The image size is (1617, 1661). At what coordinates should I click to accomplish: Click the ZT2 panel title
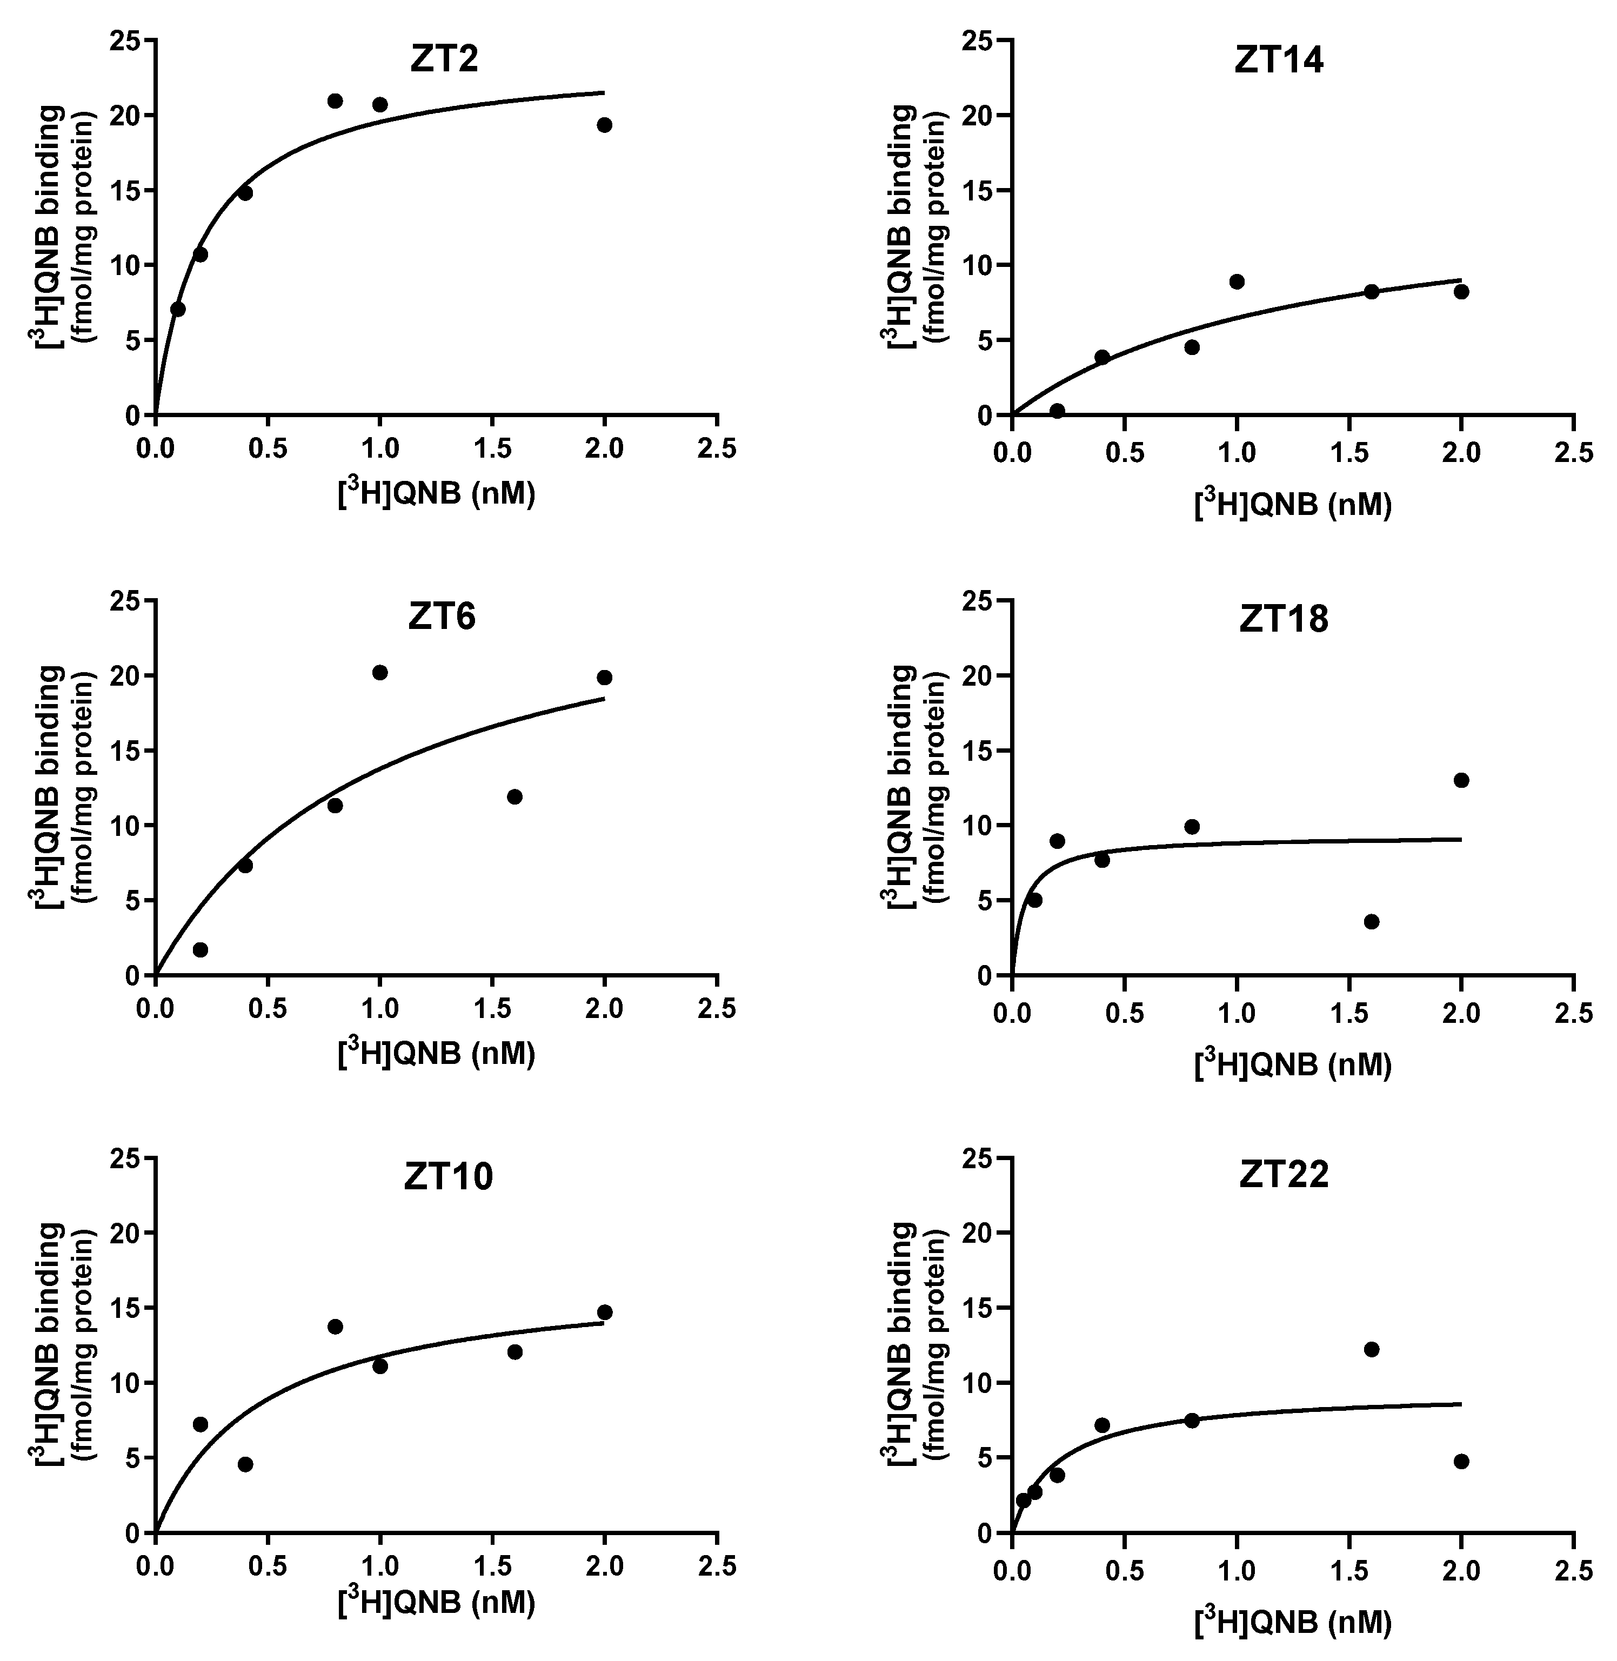click(443, 59)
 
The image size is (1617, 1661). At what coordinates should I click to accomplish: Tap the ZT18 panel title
click(1283, 619)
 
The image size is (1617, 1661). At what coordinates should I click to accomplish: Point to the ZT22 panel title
click(1283, 1174)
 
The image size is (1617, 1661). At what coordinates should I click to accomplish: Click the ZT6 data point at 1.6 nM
click(514, 796)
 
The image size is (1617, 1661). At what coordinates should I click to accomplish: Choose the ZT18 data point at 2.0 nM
click(1461, 780)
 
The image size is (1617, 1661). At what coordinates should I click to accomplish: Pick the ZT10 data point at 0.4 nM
click(245, 1464)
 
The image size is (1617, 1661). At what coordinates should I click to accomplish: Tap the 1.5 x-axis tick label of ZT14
click(1348, 453)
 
